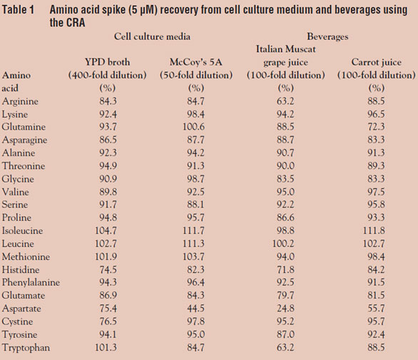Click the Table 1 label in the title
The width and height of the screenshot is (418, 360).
(x=18, y=10)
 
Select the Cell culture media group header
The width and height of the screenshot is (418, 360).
(x=152, y=36)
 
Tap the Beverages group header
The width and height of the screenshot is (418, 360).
(x=327, y=36)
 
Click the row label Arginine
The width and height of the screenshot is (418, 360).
(x=20, y=101)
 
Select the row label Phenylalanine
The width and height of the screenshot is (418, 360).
(x=31, y=282)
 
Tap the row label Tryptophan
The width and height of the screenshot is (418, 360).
(x=26, y=348)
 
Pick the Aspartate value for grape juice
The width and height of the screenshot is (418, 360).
(x=285, y=308)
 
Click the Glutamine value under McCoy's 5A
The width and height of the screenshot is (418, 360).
(x=193, y=127)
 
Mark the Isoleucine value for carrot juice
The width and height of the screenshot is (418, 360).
(x=374, y=230)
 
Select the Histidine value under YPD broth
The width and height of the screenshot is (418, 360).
(x=108, y=269)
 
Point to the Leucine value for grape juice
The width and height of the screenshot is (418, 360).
(x=283, y=244)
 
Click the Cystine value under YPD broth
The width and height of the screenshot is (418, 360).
(x=108, y=322)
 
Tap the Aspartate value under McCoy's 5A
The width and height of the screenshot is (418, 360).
(x=195, y=308)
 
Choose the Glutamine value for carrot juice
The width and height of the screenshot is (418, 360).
(x=376, y=127)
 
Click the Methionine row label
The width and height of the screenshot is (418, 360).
(x=26, y=257)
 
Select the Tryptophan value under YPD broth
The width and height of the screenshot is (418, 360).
(x=106, y=347)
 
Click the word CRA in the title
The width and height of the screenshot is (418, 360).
(x=76, y=22)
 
